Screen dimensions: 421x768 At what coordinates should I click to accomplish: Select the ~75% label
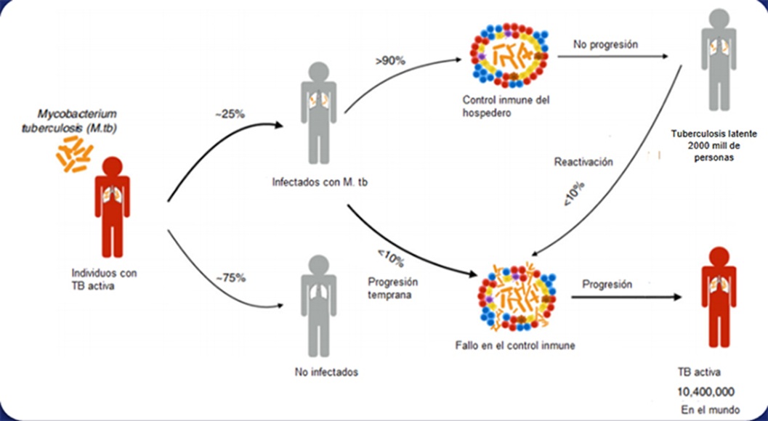[x=230, y=277]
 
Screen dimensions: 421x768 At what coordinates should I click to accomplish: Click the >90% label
[x=390, y=62]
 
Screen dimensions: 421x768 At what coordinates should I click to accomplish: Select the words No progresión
[x=605, y=44]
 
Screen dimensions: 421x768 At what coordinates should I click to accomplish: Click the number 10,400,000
[x=706, y=391]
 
